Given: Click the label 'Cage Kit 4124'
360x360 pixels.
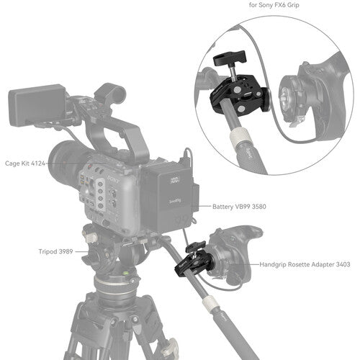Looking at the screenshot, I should point(26,163).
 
